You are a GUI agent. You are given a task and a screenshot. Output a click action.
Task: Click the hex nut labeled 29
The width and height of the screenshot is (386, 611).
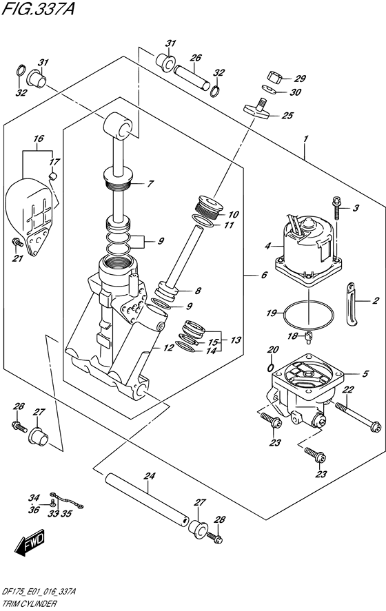click(x=274, y=77)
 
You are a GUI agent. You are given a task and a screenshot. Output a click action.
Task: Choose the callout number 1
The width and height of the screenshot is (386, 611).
click(x=304, y=138)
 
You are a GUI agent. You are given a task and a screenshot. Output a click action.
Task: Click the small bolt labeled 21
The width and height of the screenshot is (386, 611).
click(x=16, y=241)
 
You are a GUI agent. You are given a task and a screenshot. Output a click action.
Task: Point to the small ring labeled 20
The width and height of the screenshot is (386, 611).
click(x=272, y=366)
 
